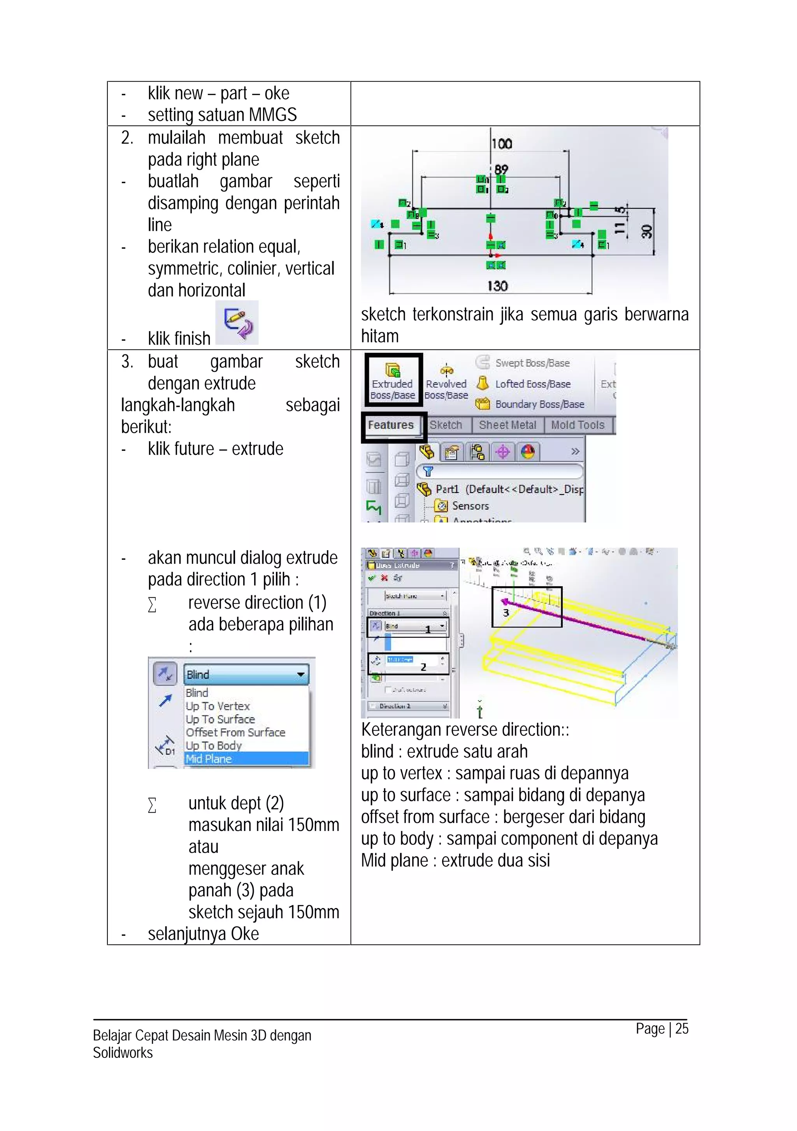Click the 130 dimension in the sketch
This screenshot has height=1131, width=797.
[497, 286]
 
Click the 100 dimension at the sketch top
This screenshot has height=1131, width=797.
[502, 144]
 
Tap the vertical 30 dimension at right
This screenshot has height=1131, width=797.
[646, 231]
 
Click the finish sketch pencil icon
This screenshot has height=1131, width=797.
[237, 323]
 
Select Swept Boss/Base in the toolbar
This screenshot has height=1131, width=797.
[532, 363]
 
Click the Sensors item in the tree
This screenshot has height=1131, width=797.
[470, 506]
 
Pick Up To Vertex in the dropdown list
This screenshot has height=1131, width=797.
[218, 706]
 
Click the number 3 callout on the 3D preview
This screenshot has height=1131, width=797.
[506, 613]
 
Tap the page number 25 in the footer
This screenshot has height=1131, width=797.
[681, 1029]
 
